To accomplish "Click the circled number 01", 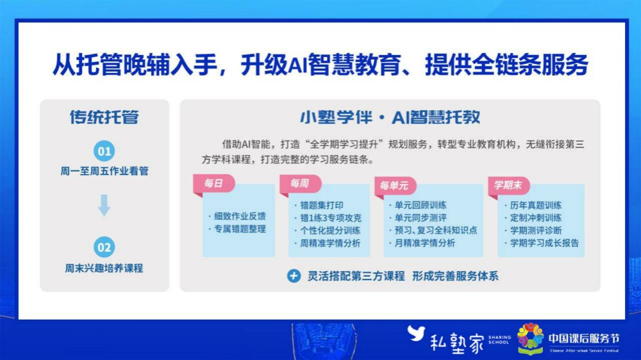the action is point(104,151).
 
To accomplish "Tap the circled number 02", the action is point(104,247).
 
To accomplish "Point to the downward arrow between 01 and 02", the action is point(104,205).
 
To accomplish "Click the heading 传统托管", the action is point(104,117).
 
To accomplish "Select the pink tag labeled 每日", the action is point(214,184).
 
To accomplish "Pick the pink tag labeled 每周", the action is point(300,184).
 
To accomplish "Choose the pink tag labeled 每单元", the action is point(395,186).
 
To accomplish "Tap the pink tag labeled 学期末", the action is point(508,186).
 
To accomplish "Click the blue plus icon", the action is point(294,276).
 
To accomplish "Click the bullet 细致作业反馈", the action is point(237,216).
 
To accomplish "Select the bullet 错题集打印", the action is point(319,205).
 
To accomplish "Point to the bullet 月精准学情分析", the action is point(422,243).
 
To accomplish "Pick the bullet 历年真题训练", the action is point(533,205).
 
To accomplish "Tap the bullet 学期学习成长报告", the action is point(542,243).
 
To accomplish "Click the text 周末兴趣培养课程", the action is point(104,268).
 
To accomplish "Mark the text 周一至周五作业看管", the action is point(104,171).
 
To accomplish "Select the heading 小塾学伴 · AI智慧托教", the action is point(390,117).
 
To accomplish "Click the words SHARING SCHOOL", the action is point(499,340).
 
